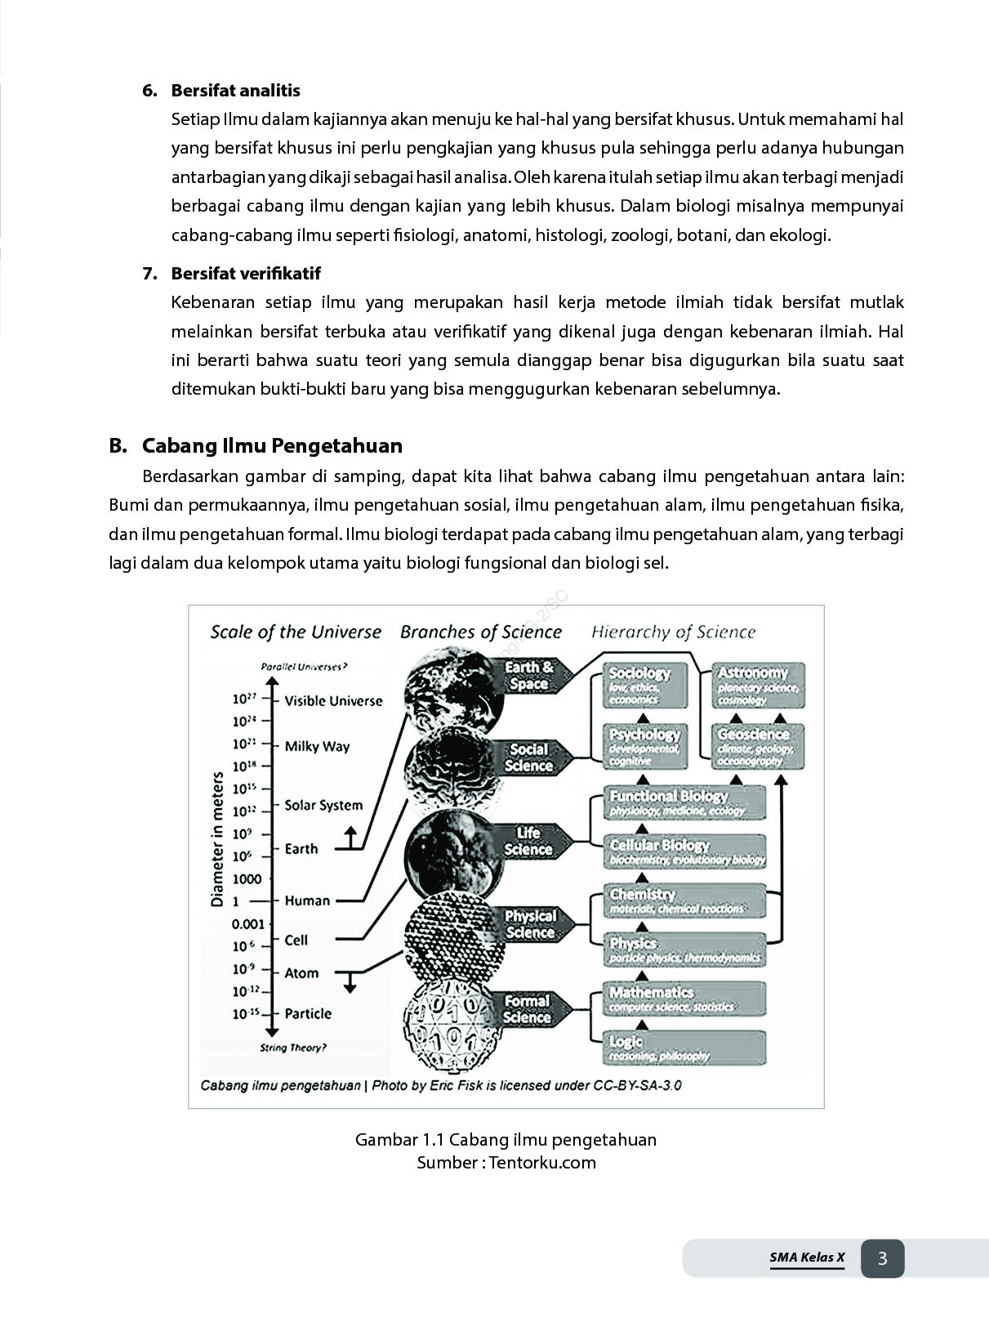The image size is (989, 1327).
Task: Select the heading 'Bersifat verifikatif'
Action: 245,274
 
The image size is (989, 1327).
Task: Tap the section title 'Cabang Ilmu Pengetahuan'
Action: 272,445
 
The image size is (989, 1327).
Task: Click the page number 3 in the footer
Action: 882,1258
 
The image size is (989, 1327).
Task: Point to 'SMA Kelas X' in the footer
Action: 807,1258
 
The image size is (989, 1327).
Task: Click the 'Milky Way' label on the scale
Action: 317,746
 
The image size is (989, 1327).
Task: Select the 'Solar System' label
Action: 323,805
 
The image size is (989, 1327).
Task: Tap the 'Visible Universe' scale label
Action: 333,700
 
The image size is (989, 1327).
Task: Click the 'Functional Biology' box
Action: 685,802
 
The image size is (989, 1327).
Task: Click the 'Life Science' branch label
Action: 528,842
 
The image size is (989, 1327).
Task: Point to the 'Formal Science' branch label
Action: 527,1009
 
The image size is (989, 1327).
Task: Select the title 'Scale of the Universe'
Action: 296,632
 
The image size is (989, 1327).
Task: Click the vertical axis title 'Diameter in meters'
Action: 217,839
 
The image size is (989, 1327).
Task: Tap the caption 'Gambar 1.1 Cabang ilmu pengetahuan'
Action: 506,1139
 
